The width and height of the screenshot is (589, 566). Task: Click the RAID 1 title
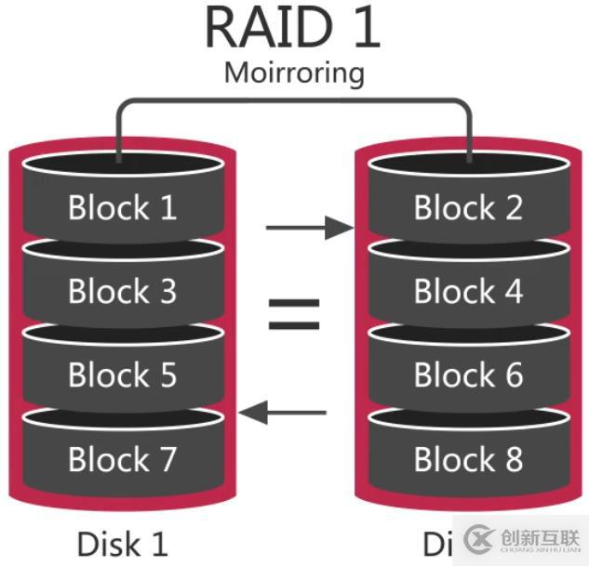[x=292, y=28]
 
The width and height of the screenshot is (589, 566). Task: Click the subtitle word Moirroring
[x=294, y=72]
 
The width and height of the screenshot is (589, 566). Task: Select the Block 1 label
[x=122, y=207]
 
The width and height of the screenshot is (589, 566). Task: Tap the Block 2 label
[x=468, y=207]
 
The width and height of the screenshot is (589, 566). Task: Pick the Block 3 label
[x=122, y=291]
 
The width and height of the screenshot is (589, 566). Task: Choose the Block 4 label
[x=468, y=291]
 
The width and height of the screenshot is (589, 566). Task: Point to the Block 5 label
[x=122, y=375]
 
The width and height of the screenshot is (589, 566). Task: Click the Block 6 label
[x=468, y=375]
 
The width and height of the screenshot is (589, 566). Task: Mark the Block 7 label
[x=122, y=458]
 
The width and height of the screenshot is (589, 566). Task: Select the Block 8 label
[x=468, y=458]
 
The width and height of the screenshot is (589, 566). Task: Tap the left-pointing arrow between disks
[x=283, y=412]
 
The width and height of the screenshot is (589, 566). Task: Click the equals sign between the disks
[x=294, y=314]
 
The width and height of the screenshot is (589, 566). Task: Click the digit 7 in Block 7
[x=166, y=459]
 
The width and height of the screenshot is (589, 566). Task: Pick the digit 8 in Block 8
[x=511, y=459]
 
